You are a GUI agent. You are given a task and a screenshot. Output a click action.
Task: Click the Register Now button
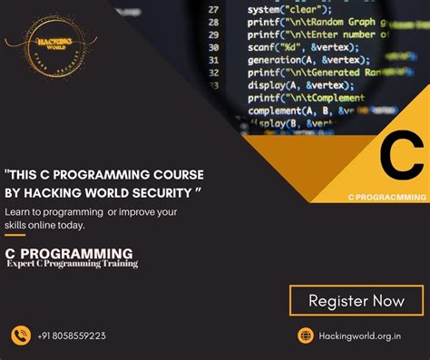[357, 300]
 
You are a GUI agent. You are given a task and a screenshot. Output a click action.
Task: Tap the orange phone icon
[21, 336]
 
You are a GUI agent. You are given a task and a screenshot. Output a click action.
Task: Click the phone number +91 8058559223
[72, 336]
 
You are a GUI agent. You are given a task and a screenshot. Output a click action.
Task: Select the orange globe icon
[306, 336]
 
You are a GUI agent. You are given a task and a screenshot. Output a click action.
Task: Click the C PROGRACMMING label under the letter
[386, 197]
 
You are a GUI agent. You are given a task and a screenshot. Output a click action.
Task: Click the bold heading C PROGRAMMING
[68, 253]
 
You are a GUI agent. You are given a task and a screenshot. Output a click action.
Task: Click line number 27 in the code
[213, 7]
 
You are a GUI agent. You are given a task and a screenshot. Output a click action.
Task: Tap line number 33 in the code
[213, 87]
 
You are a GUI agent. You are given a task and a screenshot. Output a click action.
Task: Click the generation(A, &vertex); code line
[300, 60]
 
